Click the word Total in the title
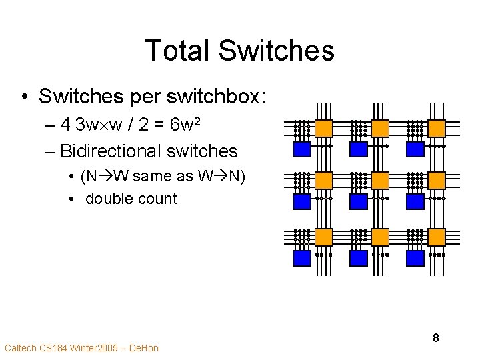tap(176, 51)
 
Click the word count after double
tap(157, 199)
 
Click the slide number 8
tap(435, 338)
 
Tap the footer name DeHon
tap(143, 348)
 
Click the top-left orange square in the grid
tap(323, 127)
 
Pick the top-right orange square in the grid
tap(437, 127)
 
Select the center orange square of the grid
tap(380, 180)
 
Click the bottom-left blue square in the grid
tap(303, 258)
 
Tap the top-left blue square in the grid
tap(303, 148)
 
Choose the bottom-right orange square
tap(437, 237)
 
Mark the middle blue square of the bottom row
tap(359, 258)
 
